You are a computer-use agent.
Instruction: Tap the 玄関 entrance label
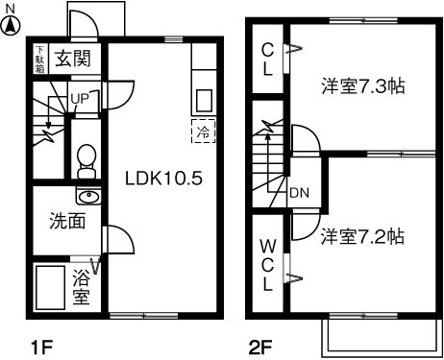pyautogui.click(x=72, y=59)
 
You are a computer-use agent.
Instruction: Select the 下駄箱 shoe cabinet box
pyautogui.click(x=39, y=58)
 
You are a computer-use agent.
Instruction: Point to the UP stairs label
pyautogui.click(x=80, y=99)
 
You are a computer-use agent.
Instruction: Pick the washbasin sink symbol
pyautogui.click(x=88, y=198)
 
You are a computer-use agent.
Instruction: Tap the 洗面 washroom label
pyautogui.click(x=67, y=221)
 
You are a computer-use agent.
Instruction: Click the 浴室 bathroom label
pyautogui.click(x=83, y=288)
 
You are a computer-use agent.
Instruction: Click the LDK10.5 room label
pyautogui.click(x=164, y=179)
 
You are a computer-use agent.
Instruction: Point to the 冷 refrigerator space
pyautogui.click(x=204, y=131)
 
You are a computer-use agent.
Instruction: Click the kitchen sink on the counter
pyautogui.click(x=204, y=100)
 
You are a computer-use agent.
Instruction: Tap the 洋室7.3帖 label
pyautogui.click(x=362, y=85)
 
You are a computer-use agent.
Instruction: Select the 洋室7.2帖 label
pyautogui.click(x=362, y=235)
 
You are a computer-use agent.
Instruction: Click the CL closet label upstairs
pyautogui.click(x=268, y=60)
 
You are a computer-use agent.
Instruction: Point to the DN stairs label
pyautogui.click(x=300, y=191)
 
